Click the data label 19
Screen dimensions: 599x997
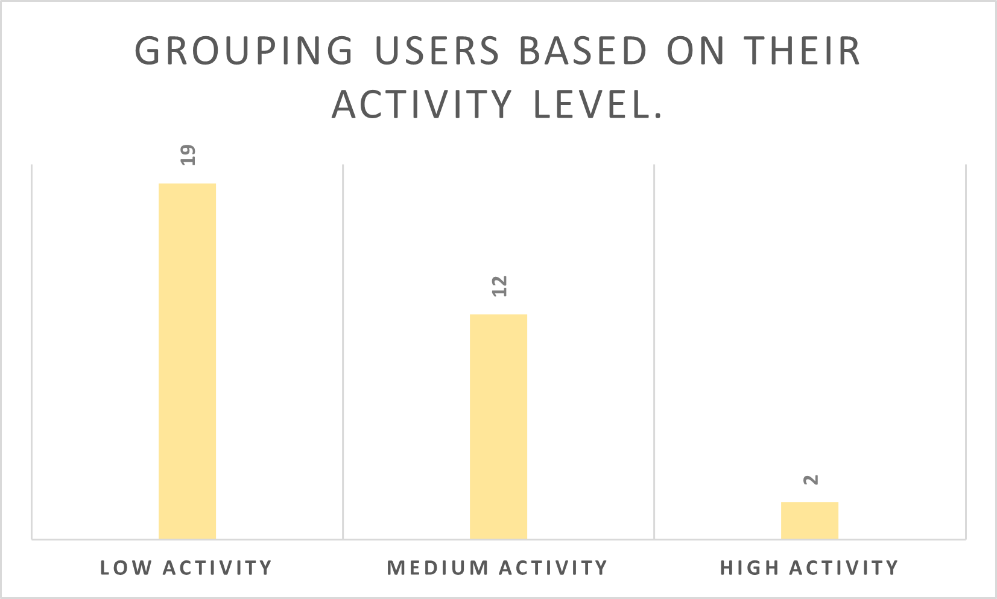point(188,156)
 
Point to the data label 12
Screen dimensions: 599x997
point(499,286)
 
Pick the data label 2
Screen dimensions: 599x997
point(811,480)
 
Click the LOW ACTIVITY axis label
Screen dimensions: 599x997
point(186,568)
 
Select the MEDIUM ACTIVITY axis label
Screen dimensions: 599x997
point(498,568)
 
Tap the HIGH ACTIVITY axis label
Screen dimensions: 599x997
point(809,568)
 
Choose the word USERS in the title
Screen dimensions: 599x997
point(438,51)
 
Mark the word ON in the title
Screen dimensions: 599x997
point(695,51)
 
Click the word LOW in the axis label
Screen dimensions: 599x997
point(125,568)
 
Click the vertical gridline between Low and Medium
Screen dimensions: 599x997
point(343,350)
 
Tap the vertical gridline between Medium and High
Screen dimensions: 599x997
point(654,350)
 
